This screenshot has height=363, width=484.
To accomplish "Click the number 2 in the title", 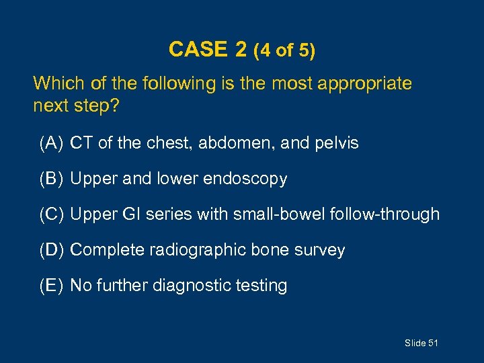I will [241, 50].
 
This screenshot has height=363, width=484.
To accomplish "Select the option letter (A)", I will [52, 143].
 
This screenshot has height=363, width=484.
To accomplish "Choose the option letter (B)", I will [52, 179].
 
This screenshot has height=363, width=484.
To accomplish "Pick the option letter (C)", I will [52, 214].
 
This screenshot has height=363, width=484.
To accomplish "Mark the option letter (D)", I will [52, 250].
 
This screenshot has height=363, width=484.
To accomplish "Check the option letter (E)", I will [52, 286].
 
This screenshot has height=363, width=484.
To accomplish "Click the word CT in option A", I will [81, 143].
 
